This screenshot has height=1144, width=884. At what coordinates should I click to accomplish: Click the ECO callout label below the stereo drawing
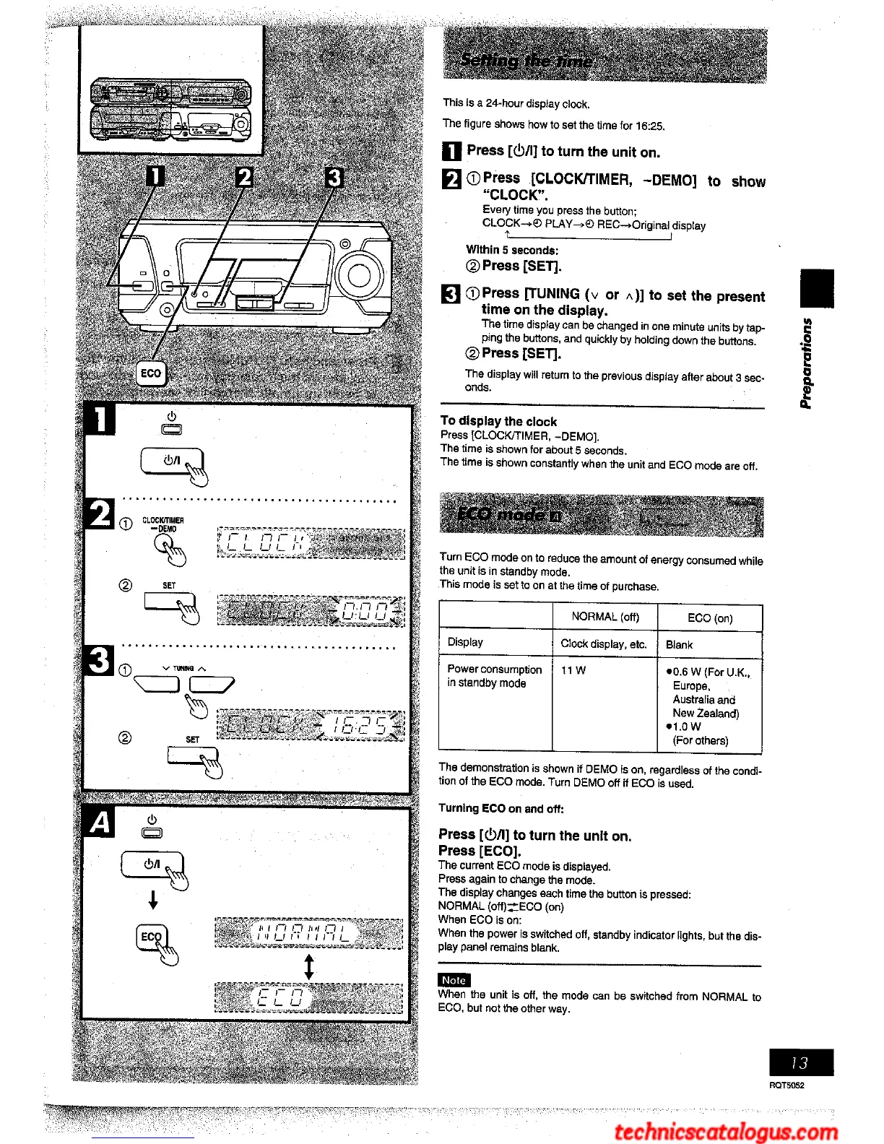[151, 373]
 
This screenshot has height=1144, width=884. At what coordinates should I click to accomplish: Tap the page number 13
[800, 1062]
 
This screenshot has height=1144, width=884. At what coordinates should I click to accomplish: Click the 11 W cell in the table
[573, 670]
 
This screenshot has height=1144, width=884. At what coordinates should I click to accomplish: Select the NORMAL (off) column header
[604, 617]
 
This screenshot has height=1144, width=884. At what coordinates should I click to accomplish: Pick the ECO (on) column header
[709, 618]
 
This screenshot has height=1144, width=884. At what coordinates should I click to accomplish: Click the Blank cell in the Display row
[679, 644]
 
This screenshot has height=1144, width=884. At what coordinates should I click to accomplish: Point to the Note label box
[454, 980]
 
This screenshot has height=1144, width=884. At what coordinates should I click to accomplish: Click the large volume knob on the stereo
[359, 275]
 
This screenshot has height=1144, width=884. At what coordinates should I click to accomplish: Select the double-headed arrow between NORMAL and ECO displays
[309, 966]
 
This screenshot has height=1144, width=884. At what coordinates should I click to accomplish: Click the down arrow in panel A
[153, 900]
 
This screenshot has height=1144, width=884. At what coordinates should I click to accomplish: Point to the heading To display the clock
[498, 421]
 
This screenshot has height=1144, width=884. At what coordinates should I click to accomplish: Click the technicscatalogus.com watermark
[726, 1131]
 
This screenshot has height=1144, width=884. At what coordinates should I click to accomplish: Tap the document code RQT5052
[786, 1085]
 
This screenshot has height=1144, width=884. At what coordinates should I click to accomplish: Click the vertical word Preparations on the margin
[807, 363]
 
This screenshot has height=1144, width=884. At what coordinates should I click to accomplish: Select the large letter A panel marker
[101, 823]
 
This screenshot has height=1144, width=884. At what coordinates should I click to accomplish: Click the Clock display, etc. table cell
[603, 644]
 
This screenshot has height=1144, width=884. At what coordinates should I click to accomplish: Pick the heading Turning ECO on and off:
[500, 808]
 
